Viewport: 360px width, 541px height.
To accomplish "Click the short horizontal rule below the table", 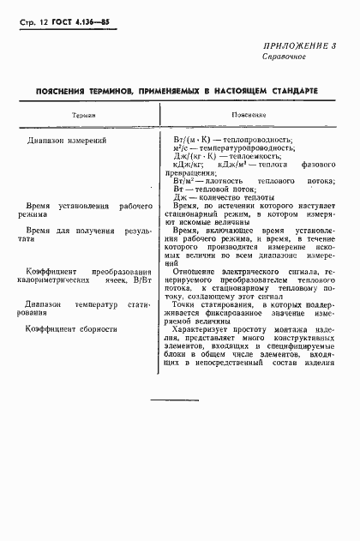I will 175,400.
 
